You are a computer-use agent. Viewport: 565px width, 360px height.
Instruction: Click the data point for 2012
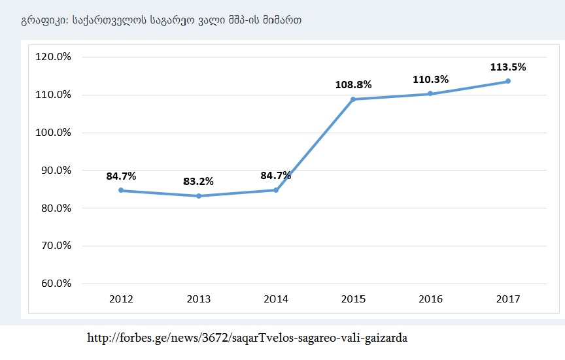pos(122,190)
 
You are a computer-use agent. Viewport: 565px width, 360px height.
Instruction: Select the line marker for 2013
pos(199,196)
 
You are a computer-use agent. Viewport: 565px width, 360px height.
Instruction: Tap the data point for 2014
pos(276,190)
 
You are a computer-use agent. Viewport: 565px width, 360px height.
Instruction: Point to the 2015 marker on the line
pos(353,99)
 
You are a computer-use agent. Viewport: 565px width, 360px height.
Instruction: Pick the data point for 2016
pos(430,93)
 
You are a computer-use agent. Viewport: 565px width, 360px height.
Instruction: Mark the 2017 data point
pos(507,81)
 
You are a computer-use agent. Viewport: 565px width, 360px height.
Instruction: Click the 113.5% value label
pos(507,67)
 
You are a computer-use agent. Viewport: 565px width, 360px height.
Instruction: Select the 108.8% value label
pos(353,84)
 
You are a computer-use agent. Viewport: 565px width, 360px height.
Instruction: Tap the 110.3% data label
pos(430,79)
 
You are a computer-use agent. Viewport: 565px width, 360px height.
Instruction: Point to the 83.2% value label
pos(199,181)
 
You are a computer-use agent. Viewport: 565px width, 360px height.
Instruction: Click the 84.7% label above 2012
pos(122,176)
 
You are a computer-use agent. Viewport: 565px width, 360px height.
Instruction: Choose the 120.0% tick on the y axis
pos(53,57)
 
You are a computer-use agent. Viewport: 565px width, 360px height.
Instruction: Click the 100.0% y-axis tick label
pos(53,133)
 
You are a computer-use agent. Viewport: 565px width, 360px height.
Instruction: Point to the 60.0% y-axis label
pos(56,284)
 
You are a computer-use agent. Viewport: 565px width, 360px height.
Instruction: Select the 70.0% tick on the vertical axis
pos(56,246)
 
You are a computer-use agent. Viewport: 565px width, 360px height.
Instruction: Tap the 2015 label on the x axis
pos(353,299)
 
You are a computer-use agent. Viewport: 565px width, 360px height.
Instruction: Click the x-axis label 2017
pos(507,299)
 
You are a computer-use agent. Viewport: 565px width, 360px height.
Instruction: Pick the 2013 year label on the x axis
pos(199,299)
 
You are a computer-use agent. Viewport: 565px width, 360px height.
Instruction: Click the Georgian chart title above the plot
pos(161,20)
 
